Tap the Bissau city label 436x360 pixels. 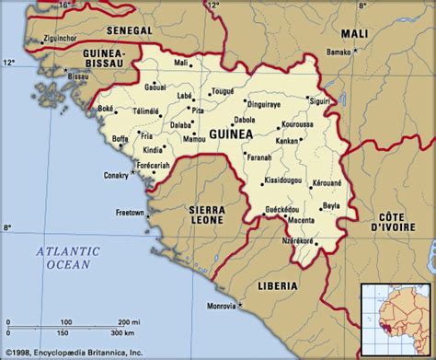click(80, 77)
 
